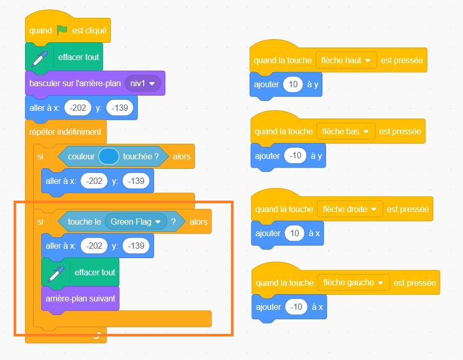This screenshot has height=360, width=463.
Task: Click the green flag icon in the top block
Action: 63,30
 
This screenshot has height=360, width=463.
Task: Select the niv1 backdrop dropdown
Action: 143,83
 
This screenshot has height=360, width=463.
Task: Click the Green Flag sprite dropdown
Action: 135,222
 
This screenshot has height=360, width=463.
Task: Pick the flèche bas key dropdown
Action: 346,131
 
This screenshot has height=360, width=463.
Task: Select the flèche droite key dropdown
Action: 350,209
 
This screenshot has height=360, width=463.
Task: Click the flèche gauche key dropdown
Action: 353,283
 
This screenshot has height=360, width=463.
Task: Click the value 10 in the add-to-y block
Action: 293,84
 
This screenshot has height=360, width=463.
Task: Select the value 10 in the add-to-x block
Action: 294,233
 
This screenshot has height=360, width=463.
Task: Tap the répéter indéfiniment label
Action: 65,132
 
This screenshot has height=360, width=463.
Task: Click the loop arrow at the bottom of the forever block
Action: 96,335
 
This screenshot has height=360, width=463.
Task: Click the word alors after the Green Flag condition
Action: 199,222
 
